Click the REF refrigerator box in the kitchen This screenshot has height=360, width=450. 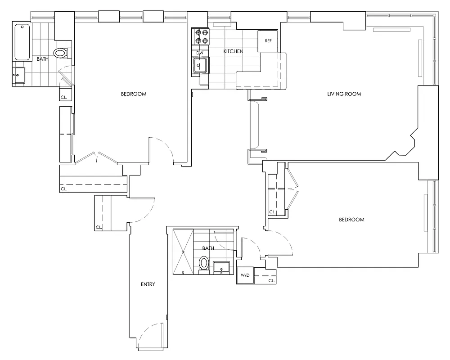pyautogui.click(x=268, y=40)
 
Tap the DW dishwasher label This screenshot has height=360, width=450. pyautogui.click(x=200, y=53)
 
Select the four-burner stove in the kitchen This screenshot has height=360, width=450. pyautogui.click(x=201, y=36)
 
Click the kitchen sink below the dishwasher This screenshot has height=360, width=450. pyautogui.click(x=200, y=67)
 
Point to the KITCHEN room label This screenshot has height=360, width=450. pyautogui.click(x=233, y=52)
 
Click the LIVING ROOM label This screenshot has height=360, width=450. pyautogui.click(x=344, y=94)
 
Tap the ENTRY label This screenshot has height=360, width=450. pyautogui.click(x=148, y=284)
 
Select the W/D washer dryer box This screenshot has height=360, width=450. pyautogui.click(x=245, y=275)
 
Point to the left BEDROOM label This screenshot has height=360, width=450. pyautogui.click(x=134, y=94)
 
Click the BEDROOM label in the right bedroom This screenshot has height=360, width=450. pyautogui.click(x=351, y=220)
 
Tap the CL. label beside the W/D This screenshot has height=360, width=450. pyautogui.click(x=271, y=280)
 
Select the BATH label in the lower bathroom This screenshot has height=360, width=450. pyautogui.click(x=208, y=248)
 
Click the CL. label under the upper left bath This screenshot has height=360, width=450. pyautogui.click(x=63, y=97)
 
